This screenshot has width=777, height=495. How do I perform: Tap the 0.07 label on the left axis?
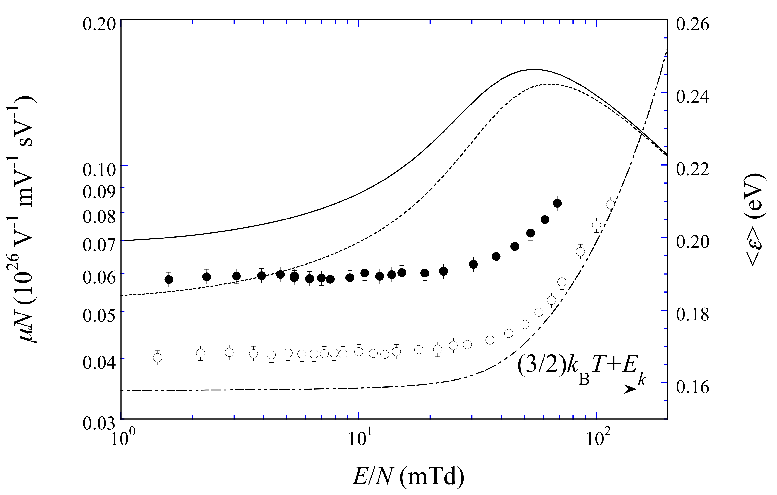(x=99, y=245)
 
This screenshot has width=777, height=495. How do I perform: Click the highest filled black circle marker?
(x=557, y=203)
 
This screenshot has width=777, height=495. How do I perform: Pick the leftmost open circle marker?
(x=157, y=358)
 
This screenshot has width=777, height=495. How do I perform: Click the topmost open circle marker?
(x=610, y=205)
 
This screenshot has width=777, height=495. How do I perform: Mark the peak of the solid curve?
(x=532, y=69)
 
